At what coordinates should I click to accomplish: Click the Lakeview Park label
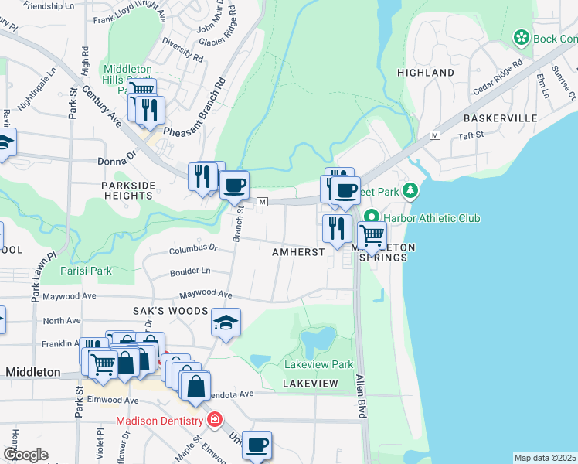pos(318,364)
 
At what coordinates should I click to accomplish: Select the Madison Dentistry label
pos(160,421)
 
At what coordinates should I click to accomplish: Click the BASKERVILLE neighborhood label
pos(500,118)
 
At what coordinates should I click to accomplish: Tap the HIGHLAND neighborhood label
pos(425,73)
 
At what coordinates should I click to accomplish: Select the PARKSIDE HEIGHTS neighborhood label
pos(129,190)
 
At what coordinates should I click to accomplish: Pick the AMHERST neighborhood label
pos(297,253)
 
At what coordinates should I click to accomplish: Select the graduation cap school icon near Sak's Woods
pos(226,322)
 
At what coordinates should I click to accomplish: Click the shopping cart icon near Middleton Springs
pos(372,234)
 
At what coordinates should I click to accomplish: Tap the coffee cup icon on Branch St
pos(234,185)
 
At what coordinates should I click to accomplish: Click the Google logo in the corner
pos(25,454)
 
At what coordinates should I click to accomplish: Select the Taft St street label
pos(470,135)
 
